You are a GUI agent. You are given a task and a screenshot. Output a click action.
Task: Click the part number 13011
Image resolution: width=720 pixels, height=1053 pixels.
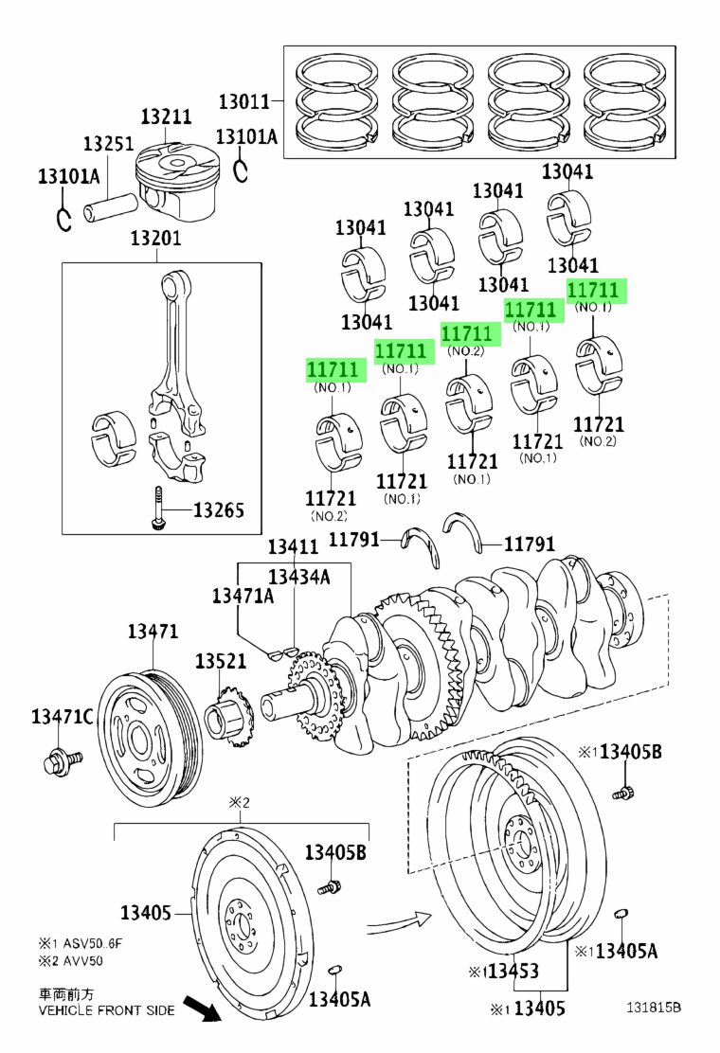pos(243,102)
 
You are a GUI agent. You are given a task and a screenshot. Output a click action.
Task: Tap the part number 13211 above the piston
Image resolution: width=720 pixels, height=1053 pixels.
pos(166,116)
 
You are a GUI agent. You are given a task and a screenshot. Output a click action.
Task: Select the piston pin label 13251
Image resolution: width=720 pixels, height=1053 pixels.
pos(109,144)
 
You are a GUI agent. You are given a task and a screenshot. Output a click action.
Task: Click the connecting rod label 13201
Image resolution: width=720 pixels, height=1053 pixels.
pos(155,238)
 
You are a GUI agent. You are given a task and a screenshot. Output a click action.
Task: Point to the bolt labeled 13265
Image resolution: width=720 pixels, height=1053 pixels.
pos(157,509)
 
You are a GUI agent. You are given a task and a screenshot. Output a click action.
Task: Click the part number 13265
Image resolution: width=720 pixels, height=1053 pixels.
pos(219,510)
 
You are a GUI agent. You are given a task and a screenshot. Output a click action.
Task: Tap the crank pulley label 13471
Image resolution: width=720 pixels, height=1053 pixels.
pos(153,632)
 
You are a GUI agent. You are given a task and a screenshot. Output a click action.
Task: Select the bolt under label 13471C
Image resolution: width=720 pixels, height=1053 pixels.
pos(62,762)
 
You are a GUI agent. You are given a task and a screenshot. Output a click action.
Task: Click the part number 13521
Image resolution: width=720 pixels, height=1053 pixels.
pos(221,662)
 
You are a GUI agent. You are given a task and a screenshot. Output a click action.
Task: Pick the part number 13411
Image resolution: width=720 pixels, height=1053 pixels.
pos(294,546)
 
